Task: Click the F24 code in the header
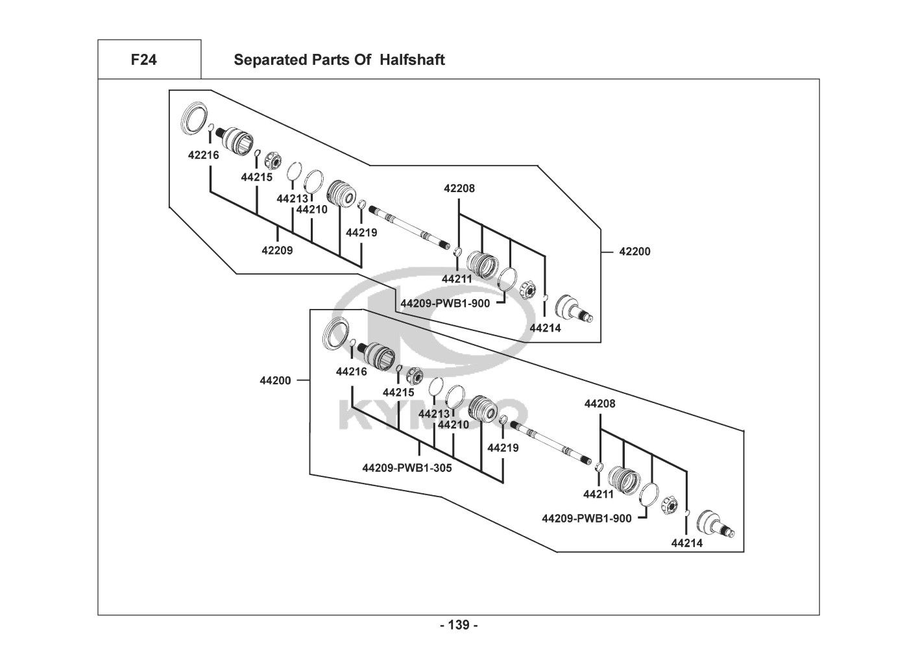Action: (143, 60)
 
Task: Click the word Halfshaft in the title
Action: (412, 60)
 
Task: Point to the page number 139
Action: (459, 625)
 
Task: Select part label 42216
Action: (204, 155)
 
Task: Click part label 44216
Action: (352, 371)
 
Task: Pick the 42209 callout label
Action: (277, 251)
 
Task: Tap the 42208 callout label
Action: (459, 188)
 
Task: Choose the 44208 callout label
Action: (599, 404)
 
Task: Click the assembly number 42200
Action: (634, 251)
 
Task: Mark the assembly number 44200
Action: (276, 381)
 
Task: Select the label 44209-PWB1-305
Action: (407, 467)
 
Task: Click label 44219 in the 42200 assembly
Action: (361, 232)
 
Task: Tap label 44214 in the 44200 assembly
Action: (687, 543)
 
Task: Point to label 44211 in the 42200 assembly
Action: (457, 279)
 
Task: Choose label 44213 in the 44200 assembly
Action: (434, 413)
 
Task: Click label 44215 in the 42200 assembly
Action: (256, 177)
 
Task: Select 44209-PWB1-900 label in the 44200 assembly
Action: (586, 518)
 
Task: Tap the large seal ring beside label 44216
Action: (336, 334)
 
